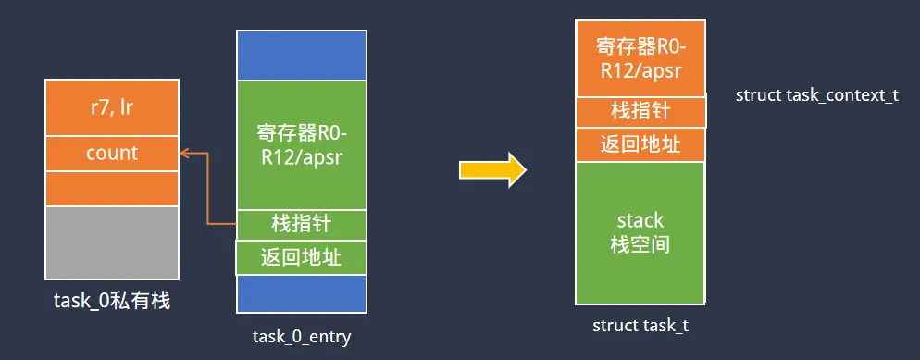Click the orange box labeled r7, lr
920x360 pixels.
click(x=111, y=107)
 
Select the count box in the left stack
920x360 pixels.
click(x=111, y=153)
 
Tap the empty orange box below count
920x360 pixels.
click(x=111, y=188)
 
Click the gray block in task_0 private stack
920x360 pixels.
click(x=111, y=242)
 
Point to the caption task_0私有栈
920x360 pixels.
click(x=111, y=301)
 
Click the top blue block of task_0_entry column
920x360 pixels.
click(x=302, y=56)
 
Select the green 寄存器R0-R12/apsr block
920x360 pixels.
click(x=302, y=145)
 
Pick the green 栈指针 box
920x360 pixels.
click(x=302, y=224)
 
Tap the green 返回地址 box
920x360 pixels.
click(x=302, y=256)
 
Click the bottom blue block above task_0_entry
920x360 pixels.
click(x=302, y=292)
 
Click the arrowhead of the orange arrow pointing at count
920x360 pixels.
click(x=184, y=153)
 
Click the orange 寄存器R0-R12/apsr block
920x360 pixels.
click(x=640, y=57)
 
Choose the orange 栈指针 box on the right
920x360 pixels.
click(x=640, y=112)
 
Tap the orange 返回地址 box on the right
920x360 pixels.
click(x=640, y=144)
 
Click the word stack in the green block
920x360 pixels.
click(x=640, y=220)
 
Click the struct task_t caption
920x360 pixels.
click(x=640, y=326)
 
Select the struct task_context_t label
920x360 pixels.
click(x=816, y=95)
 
